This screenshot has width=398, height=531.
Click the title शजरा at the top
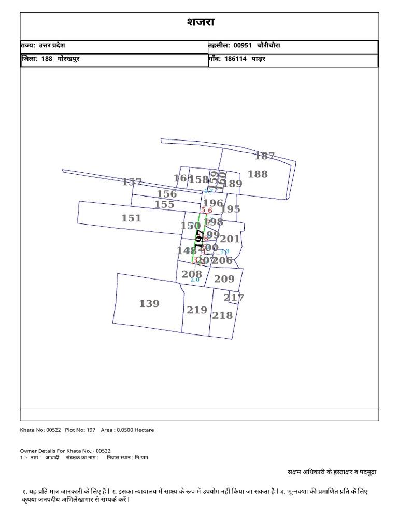(x=200, y=22)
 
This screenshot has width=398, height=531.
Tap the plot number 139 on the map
(x=149, y=304)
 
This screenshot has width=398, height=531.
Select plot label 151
(x=131, y=218)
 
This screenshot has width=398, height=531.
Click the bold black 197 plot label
(x=198, y=239)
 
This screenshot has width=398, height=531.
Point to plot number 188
(x=258, y=174)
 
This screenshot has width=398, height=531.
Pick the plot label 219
(x=197, y=310)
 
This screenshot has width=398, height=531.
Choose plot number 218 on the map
(x=222, y=315)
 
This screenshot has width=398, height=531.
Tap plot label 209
(x=224, y=279)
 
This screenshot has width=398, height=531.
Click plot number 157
(x=132, y=182)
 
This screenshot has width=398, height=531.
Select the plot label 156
(x=167, y=194)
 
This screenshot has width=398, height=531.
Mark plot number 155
(x=164, y=205)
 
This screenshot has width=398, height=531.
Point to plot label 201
(x=230, y=239)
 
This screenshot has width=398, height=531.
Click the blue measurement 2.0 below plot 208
(x=195, y=280)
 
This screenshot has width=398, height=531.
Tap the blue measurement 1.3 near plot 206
(x=225, y=251)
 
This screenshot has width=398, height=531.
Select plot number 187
(x=264, y=156)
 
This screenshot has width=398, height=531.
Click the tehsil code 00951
(x=243, y=46)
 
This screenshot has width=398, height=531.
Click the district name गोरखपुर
(x=68, y=59)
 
